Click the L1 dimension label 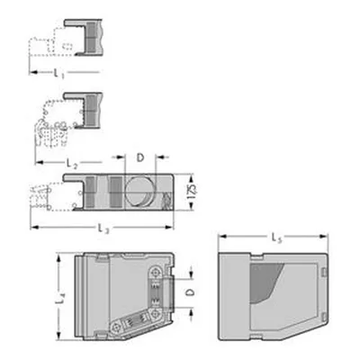[x=58, y=73]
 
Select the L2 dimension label [x=72, y=164]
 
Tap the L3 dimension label [x=103, y=229]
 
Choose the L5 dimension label [x=277, y=238]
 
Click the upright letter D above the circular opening [x=140, y=157]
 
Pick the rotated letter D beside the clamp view [x=190, y=292]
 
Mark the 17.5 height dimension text [x=193, y=192]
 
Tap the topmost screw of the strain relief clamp [x=156, y=273]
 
